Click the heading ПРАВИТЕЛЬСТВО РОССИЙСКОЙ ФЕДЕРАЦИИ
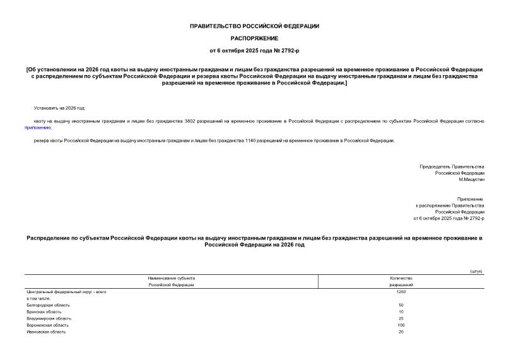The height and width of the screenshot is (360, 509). click(x=254, y=26)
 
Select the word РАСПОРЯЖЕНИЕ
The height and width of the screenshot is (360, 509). click(x=254, y=38)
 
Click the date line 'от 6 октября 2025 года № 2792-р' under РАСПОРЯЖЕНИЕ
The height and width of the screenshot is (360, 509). click(x=254, y=50)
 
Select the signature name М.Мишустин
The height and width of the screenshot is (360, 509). click(x=471, y=180)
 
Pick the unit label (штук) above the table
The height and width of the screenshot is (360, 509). click(x=476, y=271)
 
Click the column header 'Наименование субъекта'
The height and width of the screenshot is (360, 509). click(x=172, y=278)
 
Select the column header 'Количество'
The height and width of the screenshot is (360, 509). click(x=401, y=278)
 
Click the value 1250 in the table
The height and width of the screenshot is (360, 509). click(x=401, y=292)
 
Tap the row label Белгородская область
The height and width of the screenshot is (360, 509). click(x=44, y=305)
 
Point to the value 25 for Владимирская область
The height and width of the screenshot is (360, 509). click(x=401, y=318)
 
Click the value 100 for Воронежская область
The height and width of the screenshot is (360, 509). click(x=401, y=325)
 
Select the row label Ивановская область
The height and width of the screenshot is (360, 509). click(x=42, y=332)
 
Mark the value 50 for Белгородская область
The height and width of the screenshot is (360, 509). click(x=401, y=305)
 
